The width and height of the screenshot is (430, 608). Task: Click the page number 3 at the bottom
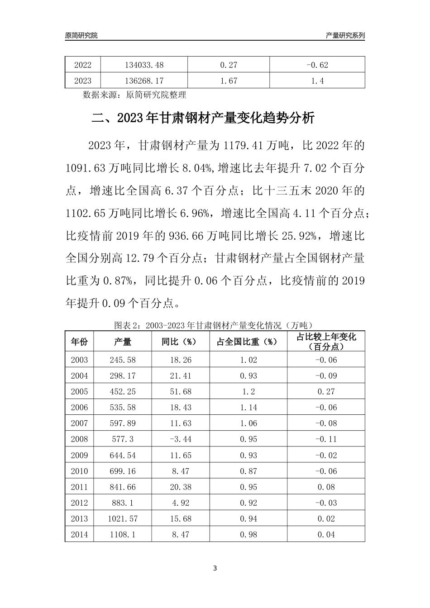[215, 568]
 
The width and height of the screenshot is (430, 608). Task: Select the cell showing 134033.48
[144, 65]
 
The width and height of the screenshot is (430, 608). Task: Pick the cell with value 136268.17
[144, 81]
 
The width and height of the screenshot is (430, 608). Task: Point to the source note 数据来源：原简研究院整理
[135, 95]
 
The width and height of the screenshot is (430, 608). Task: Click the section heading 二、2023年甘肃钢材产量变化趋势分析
[203, 119]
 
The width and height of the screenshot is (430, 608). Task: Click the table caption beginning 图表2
[214, 325]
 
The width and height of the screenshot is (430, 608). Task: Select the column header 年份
[79, 342]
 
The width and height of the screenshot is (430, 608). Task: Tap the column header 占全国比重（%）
[248, 342]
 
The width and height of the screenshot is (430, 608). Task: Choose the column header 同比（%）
[181, 342]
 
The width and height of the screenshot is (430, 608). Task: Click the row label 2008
[79, 439]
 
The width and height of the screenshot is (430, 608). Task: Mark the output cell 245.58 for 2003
[123, 360]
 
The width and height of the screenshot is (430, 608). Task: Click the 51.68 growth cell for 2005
[181, 392]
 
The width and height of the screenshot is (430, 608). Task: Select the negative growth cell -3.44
[181, 439]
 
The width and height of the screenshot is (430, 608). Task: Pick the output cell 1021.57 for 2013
[123, 518]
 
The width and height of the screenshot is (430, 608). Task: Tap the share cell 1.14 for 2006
[248, 408]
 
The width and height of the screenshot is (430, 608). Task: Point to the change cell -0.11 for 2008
[326, 439]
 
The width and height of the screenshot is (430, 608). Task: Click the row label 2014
[79, 534]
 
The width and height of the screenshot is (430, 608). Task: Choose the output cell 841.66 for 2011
[123, 487]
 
